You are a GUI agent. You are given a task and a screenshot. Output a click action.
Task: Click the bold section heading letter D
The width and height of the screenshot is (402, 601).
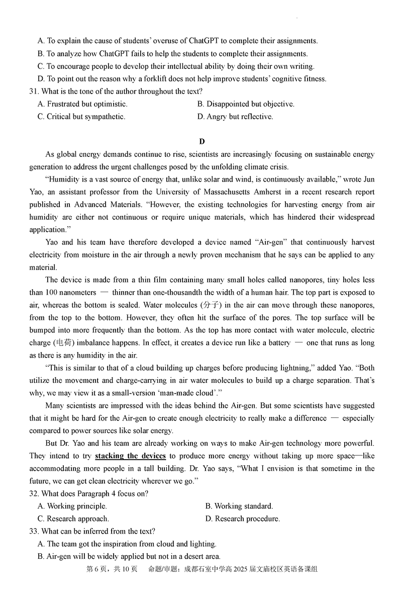click(202, 141)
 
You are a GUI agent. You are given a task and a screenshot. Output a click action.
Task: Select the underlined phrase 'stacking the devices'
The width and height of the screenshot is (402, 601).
click(130, 456)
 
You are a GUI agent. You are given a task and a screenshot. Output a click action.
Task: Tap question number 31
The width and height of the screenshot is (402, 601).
click(34, 92)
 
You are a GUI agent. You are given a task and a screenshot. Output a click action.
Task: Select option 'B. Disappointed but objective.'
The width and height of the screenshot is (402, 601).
click(246, 104)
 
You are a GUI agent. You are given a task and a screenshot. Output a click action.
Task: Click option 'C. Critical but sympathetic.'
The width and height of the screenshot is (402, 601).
click(81, 117)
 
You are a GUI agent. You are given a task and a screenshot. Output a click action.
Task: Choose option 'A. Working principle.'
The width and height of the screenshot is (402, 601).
click(72, 506)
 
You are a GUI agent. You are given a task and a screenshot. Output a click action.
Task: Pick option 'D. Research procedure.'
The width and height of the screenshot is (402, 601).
click(242, 519)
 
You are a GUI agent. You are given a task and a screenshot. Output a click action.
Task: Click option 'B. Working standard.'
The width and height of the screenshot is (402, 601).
click(239, 506)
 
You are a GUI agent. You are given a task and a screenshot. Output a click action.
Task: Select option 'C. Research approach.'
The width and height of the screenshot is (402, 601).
click(73, 519)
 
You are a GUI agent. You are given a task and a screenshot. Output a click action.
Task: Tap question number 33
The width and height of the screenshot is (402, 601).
click(34, 531)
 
